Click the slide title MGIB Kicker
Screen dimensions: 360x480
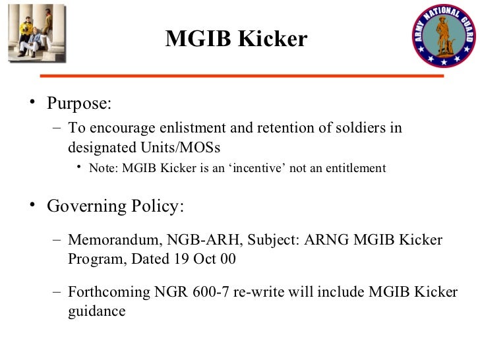pyautogui.click(x=236, y=39)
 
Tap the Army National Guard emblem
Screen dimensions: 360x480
pyautogui.click(x=443, y=36)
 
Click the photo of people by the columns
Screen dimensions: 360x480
pyautogui.click(x=37, y=33)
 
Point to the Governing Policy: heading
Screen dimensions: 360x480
pyautogui.click(x=115, y=206)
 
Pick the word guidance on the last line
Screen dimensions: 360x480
pyautogui.click(x=96, y=311)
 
